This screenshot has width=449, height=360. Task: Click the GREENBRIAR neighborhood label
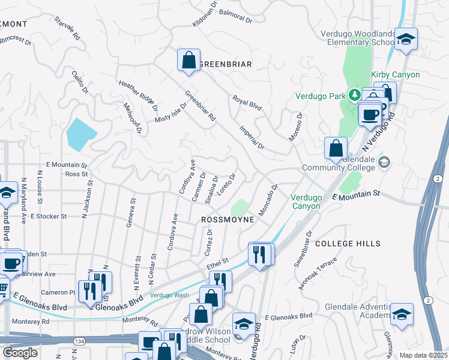(x=224, y=64)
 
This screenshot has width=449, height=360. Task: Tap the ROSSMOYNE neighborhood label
(x=228, y=220)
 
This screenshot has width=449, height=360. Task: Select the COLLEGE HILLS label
(x=348, y=244)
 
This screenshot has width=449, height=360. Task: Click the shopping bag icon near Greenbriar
(x=188, y=60)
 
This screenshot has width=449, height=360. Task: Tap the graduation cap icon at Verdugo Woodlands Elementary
(x=406, y=40)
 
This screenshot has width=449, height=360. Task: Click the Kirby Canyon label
(x=396, y=74)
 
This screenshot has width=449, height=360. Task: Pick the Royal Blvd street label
(x=247, y=103)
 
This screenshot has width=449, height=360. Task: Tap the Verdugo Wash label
(x=169, y=295)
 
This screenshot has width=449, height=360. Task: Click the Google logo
(x=20, y=353)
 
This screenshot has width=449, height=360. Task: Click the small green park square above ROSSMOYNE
(x=240, y=207)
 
